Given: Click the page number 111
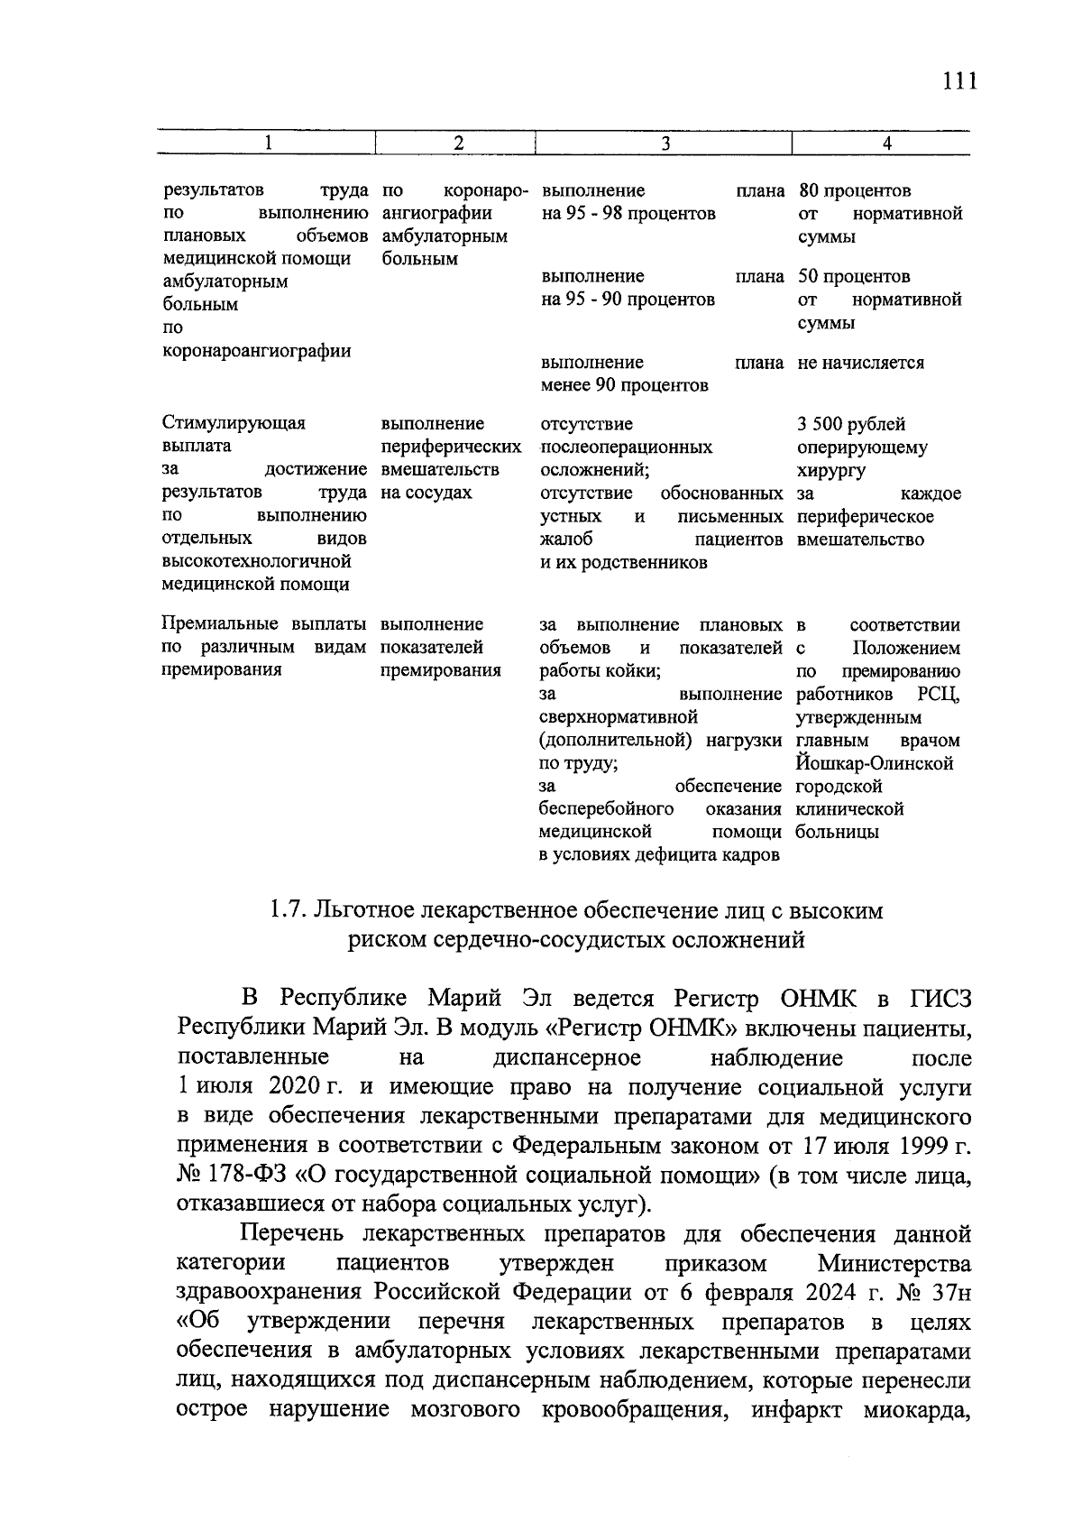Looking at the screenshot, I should (x=958, y=81).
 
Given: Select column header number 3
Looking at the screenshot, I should (x=665, y=143).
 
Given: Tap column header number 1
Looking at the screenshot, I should (x=267, y=143).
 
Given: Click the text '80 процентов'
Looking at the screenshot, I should (x=855, y=191).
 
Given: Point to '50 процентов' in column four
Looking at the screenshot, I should (x=854, y=277).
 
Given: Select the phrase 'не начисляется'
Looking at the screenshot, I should (x=860, y=363).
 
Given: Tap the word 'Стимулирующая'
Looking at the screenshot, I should (x=234, y=423).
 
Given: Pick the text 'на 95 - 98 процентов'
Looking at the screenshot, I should (x=628, y=214).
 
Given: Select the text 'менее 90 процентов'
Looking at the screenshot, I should (x=624, y=386).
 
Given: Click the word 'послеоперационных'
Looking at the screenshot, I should (x=626, y=447).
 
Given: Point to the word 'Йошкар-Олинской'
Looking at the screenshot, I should (x=875, y=763).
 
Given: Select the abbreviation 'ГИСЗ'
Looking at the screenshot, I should (x=940, y=999).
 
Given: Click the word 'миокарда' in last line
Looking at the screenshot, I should (x=916, y=1409).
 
